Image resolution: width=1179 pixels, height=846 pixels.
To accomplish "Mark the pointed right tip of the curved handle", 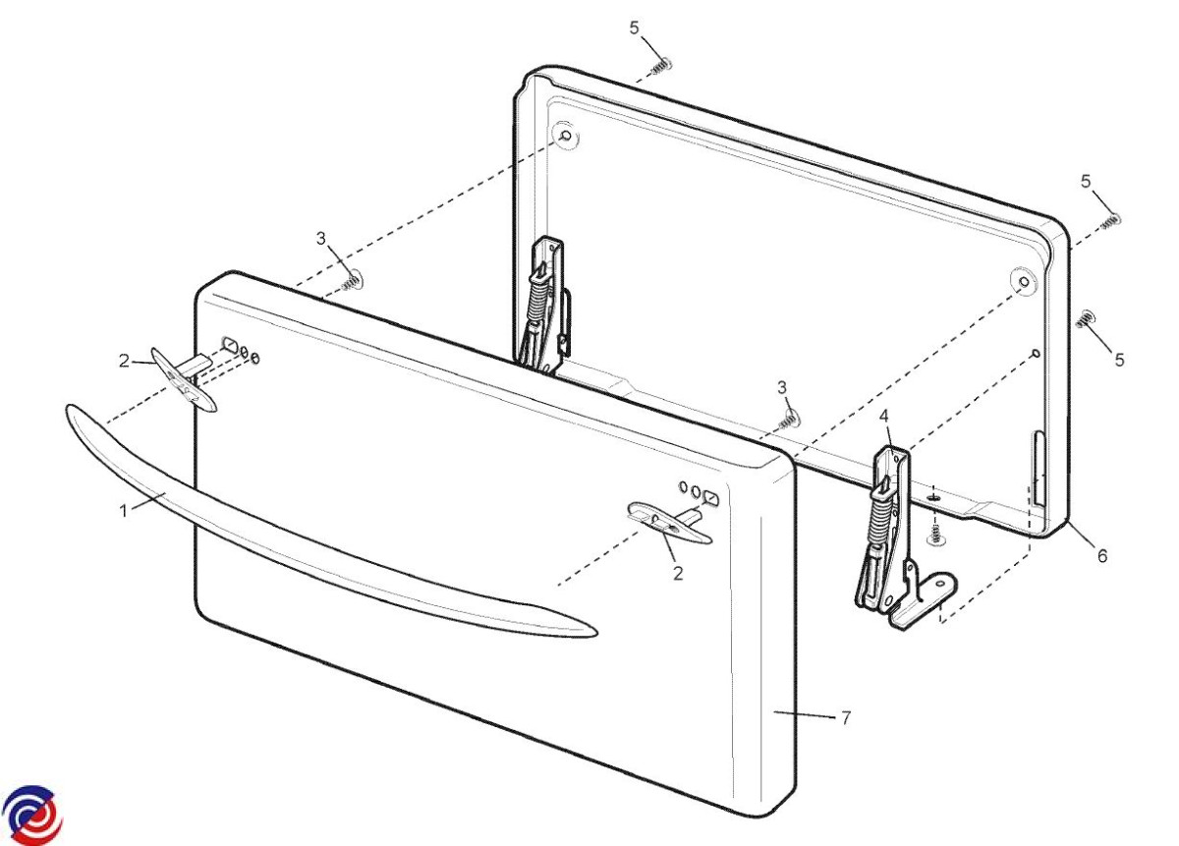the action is coord(597,631).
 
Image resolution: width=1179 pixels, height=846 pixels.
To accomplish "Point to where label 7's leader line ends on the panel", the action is coord(774,711).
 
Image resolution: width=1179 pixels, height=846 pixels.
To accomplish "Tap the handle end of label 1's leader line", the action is coord(165,493).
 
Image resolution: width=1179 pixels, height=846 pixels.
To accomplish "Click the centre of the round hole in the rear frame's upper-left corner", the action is coord(566,136).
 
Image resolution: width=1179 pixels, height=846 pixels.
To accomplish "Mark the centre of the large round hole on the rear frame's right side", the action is coord(1025,282).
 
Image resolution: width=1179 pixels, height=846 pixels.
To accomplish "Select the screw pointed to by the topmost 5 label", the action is coord(662,66).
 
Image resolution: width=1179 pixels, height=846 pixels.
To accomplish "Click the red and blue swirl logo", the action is coord(32,815).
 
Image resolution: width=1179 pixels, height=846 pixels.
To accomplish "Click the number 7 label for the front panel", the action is coord(846,717).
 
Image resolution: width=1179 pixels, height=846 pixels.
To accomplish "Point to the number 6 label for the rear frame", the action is coord(1102,555).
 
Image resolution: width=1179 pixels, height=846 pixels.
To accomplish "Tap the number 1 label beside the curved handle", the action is coord(124,511).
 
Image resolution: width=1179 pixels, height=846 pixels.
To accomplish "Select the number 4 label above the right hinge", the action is coord(883,416).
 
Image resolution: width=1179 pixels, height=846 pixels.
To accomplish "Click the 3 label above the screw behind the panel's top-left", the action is coord(321,238).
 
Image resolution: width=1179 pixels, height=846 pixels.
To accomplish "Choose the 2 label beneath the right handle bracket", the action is coord(678,573).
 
